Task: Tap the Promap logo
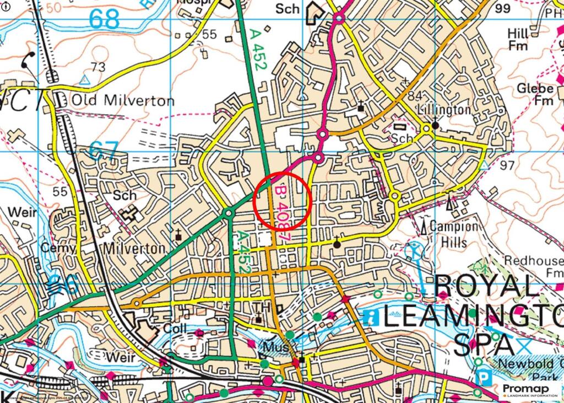(529, 390)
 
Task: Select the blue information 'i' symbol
(370, 316)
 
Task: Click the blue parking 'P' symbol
(484, 379)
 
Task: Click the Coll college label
(176, 329)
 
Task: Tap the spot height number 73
(97, 67)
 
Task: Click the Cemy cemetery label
(58, 248)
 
